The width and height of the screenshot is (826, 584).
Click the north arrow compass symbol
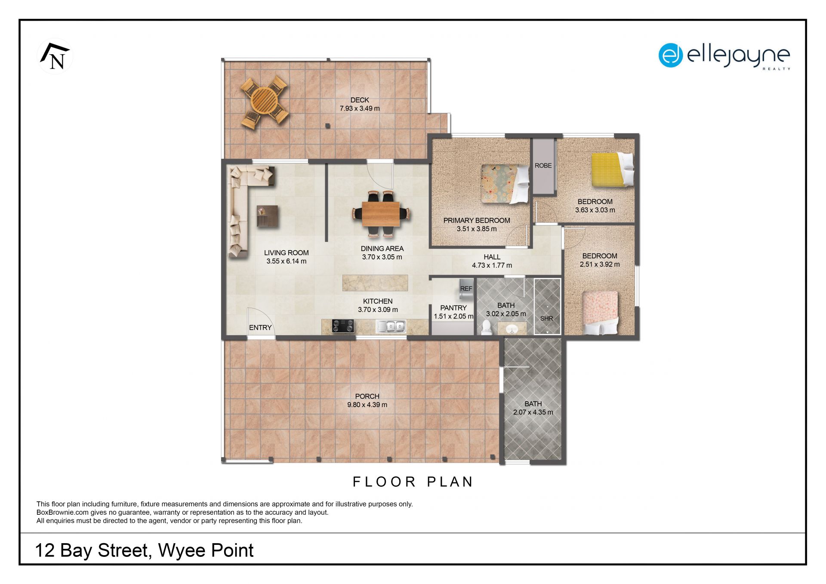55,56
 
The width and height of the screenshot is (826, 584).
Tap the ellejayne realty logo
724,56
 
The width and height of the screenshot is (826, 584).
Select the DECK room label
360,100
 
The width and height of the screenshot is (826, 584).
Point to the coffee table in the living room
267,216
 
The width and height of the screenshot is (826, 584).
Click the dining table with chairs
381,213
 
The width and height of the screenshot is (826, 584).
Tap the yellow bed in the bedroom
613,170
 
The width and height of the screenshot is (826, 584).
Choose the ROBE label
543,166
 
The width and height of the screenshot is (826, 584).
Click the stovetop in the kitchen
343,326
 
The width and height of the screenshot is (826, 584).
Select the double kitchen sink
391,327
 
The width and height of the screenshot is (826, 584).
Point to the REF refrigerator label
466,289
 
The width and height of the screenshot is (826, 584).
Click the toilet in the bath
486,328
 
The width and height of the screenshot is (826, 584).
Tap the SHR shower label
546,318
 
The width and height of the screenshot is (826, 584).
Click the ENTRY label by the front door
260,328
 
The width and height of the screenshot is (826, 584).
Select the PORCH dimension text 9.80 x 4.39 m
367,405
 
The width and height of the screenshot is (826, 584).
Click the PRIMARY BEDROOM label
477,220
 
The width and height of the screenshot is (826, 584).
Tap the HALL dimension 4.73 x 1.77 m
492,265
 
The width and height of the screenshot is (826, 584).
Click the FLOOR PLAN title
413,482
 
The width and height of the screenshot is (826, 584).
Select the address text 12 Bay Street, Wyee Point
144,550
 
